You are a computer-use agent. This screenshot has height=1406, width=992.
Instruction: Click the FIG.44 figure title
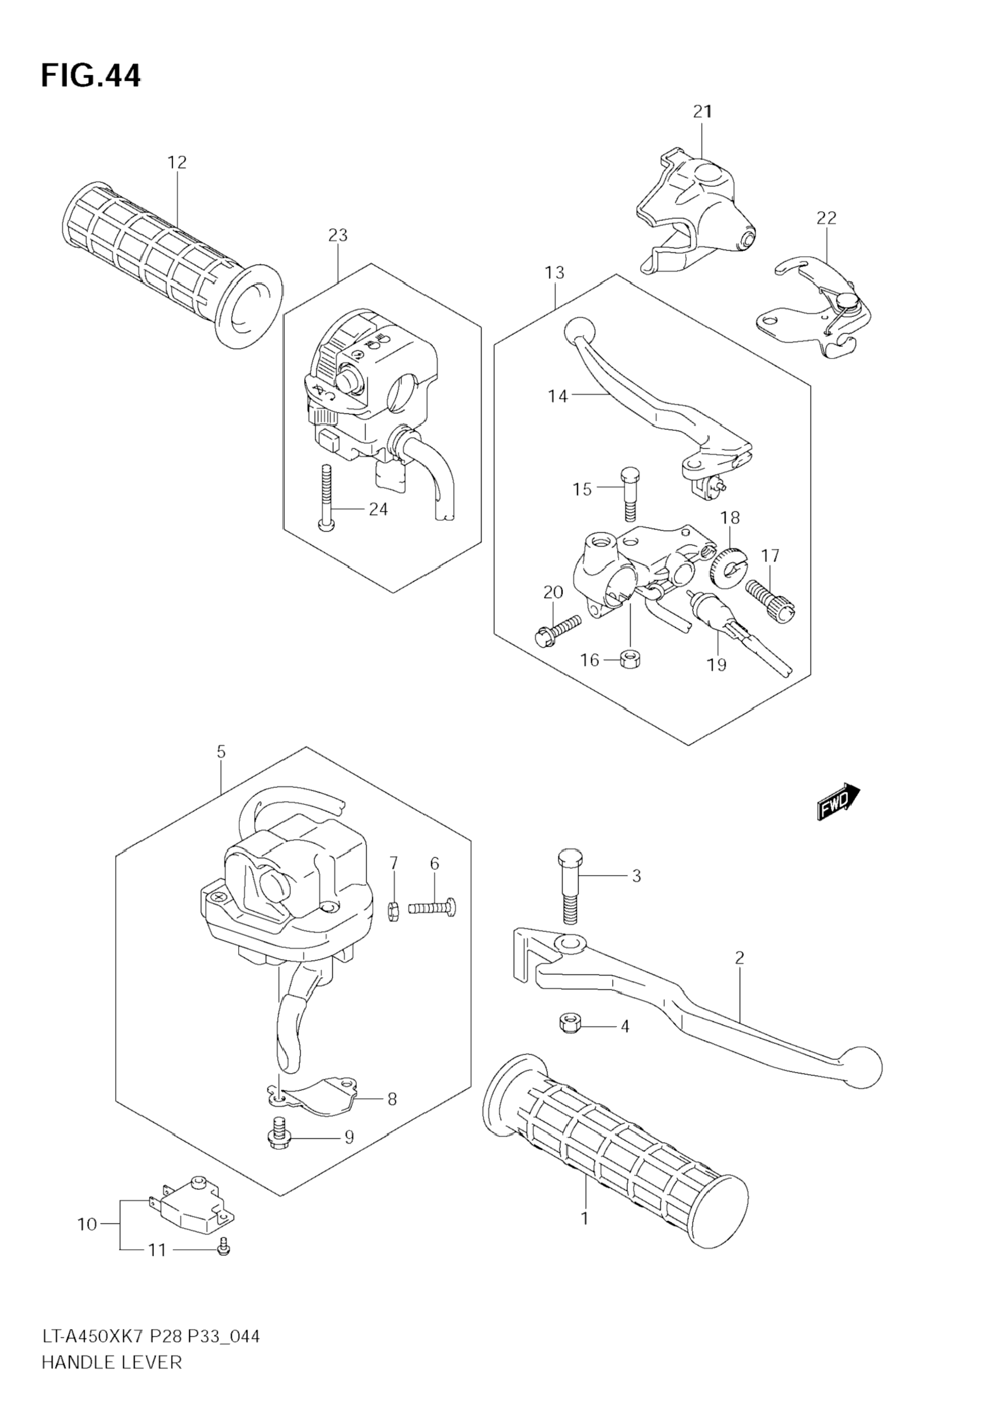tap(91, 76)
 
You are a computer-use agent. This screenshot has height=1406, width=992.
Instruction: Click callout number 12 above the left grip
tap(177, 162)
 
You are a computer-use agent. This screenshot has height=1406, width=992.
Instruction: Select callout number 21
tap(703, 112)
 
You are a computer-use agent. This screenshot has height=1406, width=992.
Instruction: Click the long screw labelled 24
tap(325, 496)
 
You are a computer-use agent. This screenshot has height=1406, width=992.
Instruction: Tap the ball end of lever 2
tap(861, 1066)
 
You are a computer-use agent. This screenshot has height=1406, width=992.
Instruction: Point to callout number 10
tap(87, 1224)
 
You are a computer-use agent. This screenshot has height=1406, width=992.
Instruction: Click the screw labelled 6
tap(432, 907)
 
